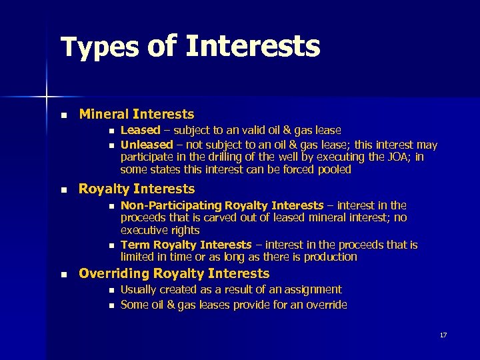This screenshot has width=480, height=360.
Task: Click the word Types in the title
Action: tap(99, 47)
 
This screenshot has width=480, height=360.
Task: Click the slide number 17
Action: tap(443, 335)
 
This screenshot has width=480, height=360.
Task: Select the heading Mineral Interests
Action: tap(137, 114)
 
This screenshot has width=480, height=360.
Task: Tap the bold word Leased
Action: tap(140, 131)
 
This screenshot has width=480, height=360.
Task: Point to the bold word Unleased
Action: tap(146, 144)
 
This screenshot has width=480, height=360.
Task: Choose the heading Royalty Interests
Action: tap(137, 189)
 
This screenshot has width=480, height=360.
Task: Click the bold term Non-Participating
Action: tap(171, 205)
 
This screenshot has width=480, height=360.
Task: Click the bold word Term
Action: tap(135, 245)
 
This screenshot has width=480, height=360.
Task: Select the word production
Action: tap(330, 257)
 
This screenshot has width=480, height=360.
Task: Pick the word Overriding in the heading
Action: tap(114, 273)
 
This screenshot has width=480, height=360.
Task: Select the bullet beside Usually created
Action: tap(109, 290)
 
